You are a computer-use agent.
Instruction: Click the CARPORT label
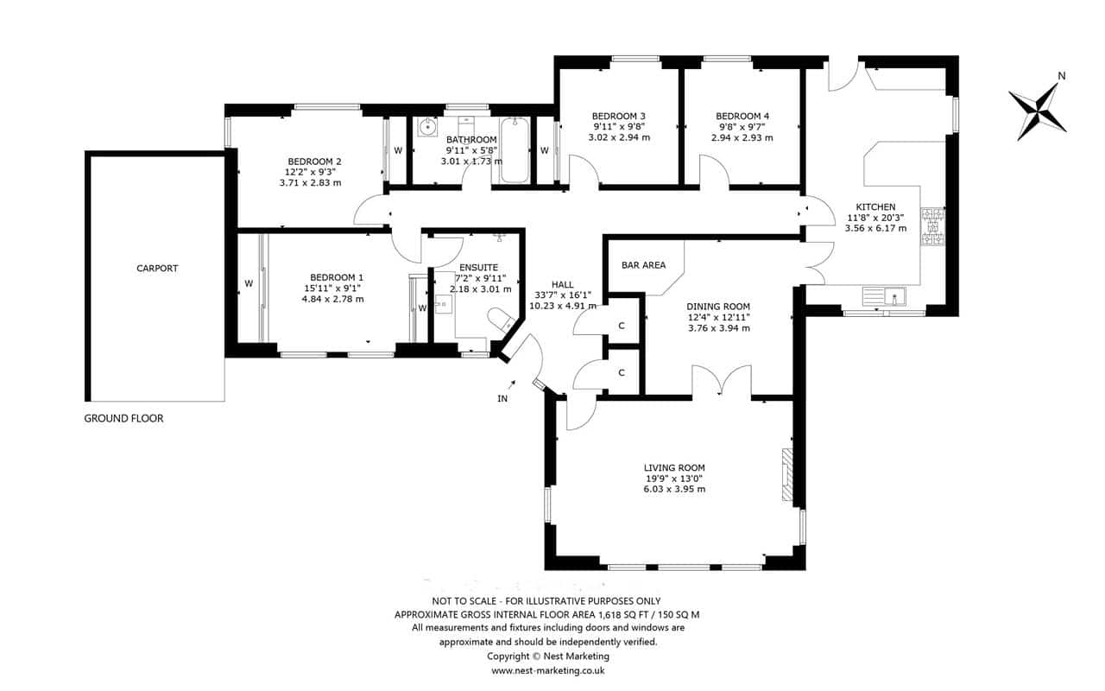click(x=157, y=269)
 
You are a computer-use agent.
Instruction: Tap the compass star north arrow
click(x=1038, y=112)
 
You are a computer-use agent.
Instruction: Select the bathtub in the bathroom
click(x=515, y=150)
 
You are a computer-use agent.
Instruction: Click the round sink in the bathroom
click(x=427, y=127)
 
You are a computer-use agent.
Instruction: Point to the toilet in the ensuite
click(x=502, y=320)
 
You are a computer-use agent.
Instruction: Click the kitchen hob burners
click(x=933, y=227)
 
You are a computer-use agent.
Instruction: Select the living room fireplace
click(x=787, y=474)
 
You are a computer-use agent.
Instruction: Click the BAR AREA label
click(x=643, y=265)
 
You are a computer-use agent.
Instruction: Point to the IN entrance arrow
click(x=512, y=384)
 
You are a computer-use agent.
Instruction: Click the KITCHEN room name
click(x=875, y=206)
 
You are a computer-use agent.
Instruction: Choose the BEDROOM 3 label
click(x=619, y=116)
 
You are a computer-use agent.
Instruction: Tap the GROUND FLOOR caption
click(x=123, y=419)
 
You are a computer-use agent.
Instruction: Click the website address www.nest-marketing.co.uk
click(x=547, y=671)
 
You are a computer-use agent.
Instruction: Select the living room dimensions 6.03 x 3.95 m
click(x=674, y=489)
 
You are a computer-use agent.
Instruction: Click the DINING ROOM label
click(x=718, y=307)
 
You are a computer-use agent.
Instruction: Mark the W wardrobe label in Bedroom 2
click(x=398, y=150)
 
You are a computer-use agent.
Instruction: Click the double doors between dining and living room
click(x=722, y=380)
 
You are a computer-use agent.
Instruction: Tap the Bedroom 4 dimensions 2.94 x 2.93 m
click(x=742, y=137)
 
